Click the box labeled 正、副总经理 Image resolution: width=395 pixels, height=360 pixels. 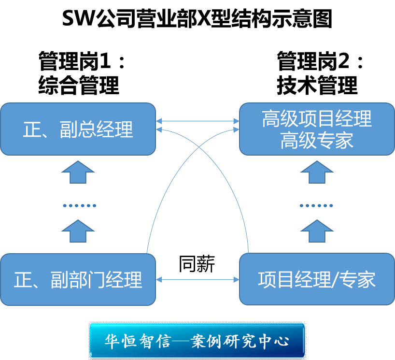pyautogui.click(x=78, y=129)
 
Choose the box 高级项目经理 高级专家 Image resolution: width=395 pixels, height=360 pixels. pyautogui.click(x=317, y=129)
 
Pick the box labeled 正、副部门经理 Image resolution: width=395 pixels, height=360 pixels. pyautogui.click(x=78, y=279)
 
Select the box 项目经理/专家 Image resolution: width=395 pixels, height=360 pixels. pyautogui.click(x=317, y=279)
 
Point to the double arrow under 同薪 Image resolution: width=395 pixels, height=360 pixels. pyautogui.click(x=197, y=279)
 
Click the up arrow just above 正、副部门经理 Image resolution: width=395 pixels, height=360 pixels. pyautogui.click(x=78, y=230)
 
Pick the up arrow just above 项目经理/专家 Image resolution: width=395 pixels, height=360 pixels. pyautogui.click(x=317, y=230)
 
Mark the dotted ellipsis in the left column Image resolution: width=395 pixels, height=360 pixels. pyautogui.click(x=79, y=205)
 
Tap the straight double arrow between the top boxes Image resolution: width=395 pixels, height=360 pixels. pyautogui.click(x=197, y=121)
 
